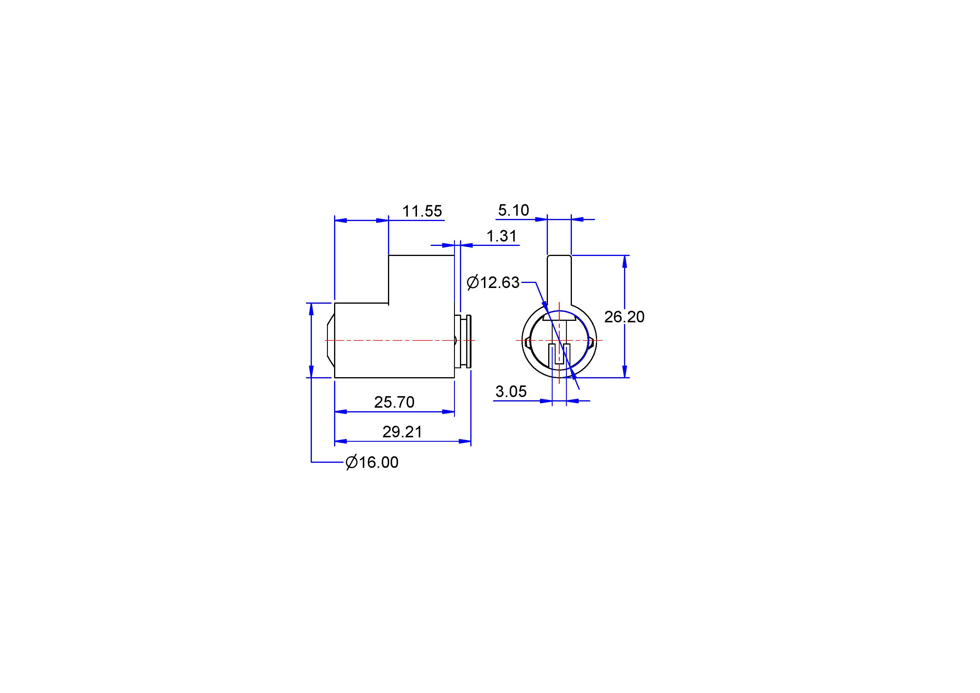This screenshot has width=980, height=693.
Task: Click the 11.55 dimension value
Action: pos(422,211)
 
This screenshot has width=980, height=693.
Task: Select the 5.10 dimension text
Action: pos(514,210)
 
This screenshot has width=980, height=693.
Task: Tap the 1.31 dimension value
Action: pos(501,236)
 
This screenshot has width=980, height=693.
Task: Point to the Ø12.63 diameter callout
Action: pos(493,283)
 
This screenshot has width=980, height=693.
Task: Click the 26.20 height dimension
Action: pos(624,317)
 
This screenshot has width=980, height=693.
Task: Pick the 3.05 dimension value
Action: pos(511,391)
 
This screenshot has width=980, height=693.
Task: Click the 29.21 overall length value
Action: pos(402,432)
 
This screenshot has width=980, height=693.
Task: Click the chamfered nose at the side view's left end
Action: pos(330,340)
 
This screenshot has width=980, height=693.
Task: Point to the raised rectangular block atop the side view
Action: pos(421,279)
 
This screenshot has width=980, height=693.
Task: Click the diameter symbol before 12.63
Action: pos(473,283)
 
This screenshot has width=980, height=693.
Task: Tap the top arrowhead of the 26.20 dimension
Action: pos(624,261)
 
